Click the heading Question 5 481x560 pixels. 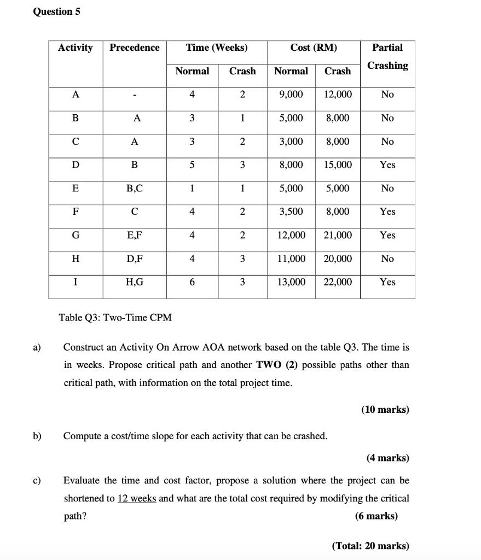pyautogui.click(x=56, y=11)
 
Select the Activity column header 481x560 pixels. pyautogui.click(x=76, y=48)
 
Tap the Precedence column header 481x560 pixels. pyautogui.click(x=135, y=48)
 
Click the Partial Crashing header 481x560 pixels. pyautogui.click(x=387, y=56)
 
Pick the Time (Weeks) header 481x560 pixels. pyautogui.click(x=217, y=48)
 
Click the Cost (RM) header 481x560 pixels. pyautogui.click(x=314, y=48)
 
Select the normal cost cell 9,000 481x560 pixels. pyautogui.click(x=291, y=95)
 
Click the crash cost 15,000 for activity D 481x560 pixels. pyautogui.click(x=338, y=165)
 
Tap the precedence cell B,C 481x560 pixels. pyautogui.click(x=135, y=188)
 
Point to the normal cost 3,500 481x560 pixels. pyautogui.click(x=291, y=212)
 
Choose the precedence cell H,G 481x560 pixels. pyautogui.click(x=135, y=282)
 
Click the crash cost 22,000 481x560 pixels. pyautogui.click(x=338, y=282)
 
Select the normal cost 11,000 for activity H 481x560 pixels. pyautogui.click(x=291, y=259)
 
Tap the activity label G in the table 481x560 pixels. pyautogui.click(x=76, y=235)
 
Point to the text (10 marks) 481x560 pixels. pyautogui.click(x=385, y=410)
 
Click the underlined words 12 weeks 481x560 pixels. pyautogui.click(x=137, y=499)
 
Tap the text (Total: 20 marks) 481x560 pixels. pyautogui.click(x=370, y=546)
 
